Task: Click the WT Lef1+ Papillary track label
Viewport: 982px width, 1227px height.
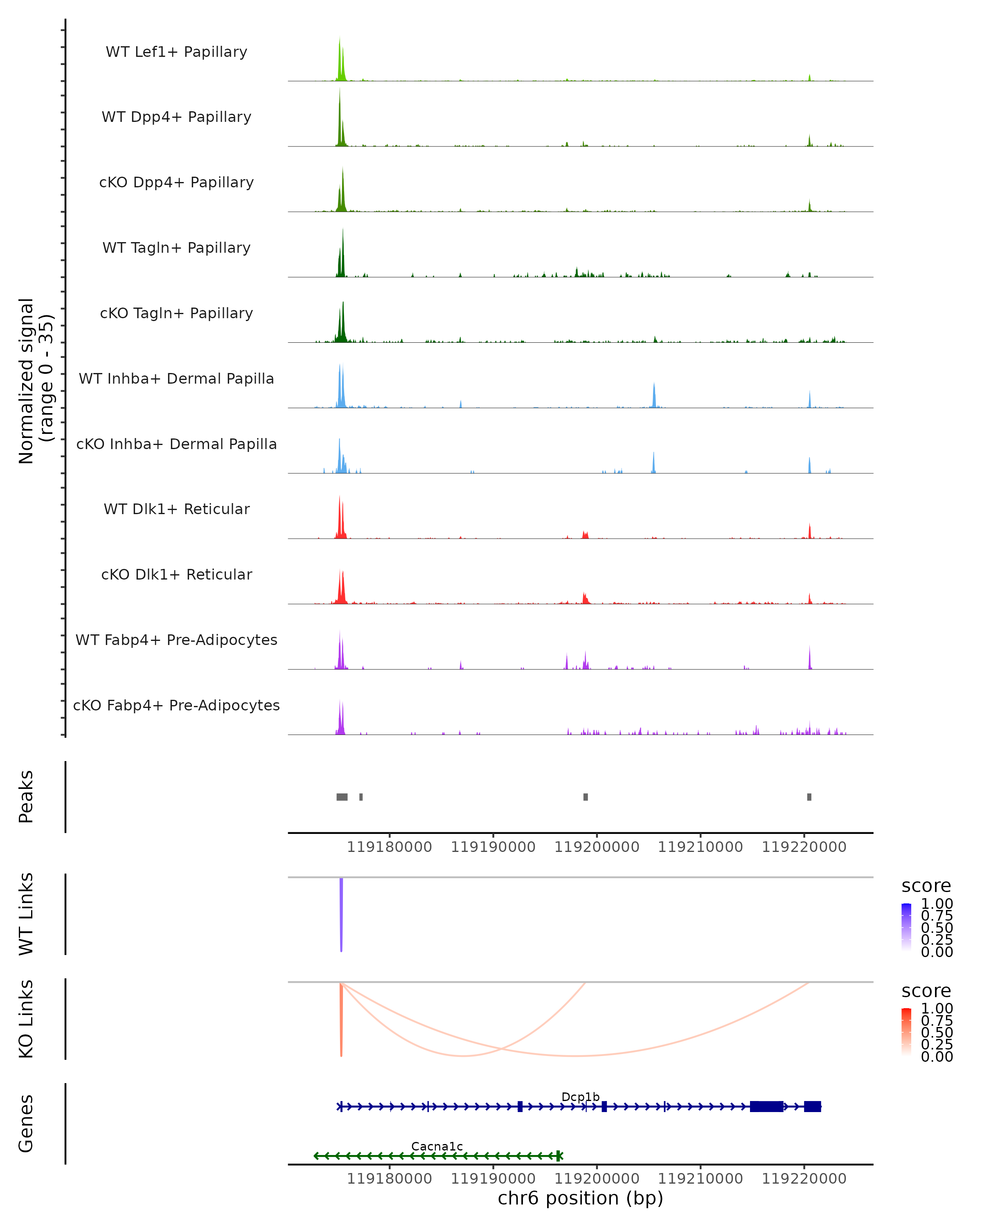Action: tap(176, 52)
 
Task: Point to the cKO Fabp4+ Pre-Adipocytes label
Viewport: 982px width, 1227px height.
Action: tap(176, 705)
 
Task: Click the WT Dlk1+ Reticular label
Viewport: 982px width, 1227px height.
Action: tap(176, 509)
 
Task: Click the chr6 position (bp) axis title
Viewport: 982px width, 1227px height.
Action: tap(580, 1198)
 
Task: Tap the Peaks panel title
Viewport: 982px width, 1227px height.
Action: tap(26, 796)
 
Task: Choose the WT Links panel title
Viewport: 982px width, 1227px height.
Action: tap(26, 914)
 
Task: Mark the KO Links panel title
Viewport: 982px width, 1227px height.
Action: tap(26, 1019)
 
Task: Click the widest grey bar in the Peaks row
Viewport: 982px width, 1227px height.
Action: tap(342, 797)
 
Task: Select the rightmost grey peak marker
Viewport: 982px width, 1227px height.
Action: tap(809, 797)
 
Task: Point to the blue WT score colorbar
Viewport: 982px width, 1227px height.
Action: tap(906, 926)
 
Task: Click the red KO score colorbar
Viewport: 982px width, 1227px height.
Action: tap(906, 1031)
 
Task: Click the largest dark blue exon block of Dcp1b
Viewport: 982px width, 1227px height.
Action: tap(766, 1106)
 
